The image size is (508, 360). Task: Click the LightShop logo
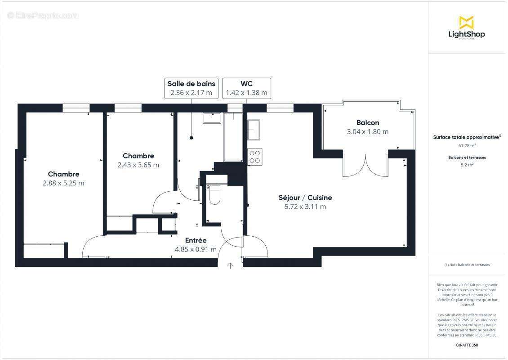click(466, 28)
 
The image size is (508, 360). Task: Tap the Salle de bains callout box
click(191, 88)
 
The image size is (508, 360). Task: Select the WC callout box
click(246, 88)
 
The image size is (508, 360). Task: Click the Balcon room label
click(367, 122)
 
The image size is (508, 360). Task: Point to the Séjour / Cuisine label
click(305, 198)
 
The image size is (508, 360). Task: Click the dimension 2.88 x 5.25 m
click(63, 183)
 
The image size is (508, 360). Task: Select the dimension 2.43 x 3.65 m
click(138, 165)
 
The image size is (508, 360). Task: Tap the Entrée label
click(196, 240)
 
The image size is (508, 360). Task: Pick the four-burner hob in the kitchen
click(254, 156)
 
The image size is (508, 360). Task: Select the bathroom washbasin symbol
click(211, 117)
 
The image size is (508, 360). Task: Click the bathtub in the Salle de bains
click(233, 137)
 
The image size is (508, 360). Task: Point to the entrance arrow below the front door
click(230, 265)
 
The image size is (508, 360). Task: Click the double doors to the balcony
click(365, 165)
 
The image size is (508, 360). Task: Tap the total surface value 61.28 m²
click(467, 146)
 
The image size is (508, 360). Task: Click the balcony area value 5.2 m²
click(467, 165)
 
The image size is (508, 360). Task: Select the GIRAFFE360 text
click(467, 345)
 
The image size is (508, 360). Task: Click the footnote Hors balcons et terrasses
click(467, 265)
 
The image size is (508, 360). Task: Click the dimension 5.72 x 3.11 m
click(305, 207)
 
